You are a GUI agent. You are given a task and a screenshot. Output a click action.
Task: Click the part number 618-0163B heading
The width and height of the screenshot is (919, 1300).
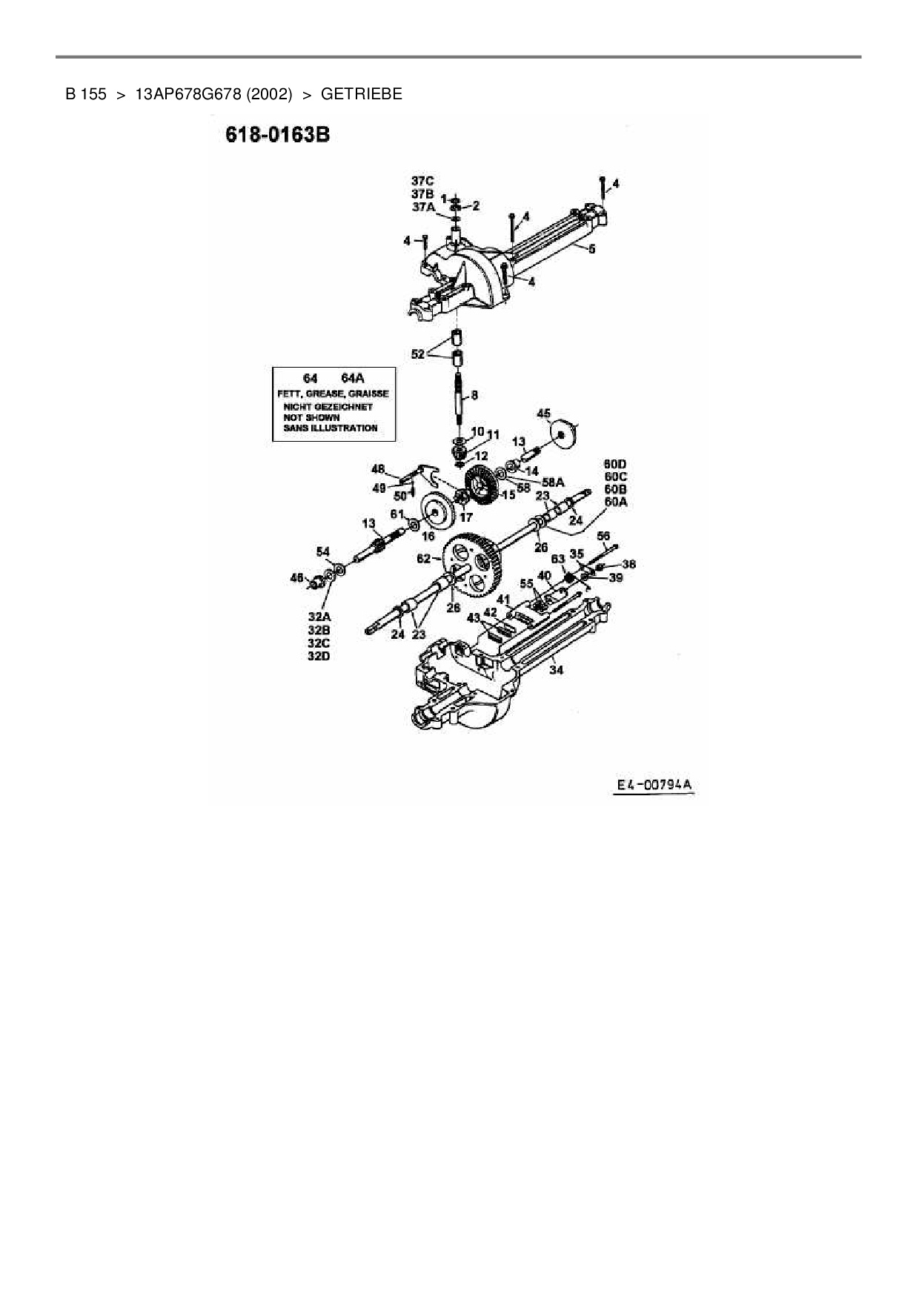(277, 136)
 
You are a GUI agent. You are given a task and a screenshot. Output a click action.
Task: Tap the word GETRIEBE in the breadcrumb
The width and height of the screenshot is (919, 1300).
(362, 94)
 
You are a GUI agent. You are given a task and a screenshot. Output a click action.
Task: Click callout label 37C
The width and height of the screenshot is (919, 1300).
(422, 180)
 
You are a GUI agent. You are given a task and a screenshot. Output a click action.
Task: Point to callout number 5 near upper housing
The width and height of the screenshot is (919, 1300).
(591, 250)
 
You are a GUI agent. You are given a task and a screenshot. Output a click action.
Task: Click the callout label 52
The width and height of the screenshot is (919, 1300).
(417, 354)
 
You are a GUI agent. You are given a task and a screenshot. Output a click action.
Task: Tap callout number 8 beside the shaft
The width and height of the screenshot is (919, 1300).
(474, 396)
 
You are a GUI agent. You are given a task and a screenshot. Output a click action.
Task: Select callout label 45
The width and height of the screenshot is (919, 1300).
(544, 413)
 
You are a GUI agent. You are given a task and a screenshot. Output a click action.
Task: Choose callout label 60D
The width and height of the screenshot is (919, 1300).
(615, 465)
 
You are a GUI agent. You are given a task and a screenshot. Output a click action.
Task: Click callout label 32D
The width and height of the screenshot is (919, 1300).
(319, 656)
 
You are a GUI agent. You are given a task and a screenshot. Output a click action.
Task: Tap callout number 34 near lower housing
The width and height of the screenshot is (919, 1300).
(556, 669)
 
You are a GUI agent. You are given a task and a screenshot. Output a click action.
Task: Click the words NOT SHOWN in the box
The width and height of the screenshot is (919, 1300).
(311, 417)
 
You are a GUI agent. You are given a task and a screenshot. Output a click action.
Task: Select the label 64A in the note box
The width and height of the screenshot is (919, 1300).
(352, 378)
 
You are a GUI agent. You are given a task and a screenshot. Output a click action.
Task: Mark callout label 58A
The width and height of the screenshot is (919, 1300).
(553, 482)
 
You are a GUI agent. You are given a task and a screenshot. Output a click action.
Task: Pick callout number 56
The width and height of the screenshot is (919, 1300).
(603, 536)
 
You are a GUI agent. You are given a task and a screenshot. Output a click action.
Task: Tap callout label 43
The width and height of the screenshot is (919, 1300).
(474, 617)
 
